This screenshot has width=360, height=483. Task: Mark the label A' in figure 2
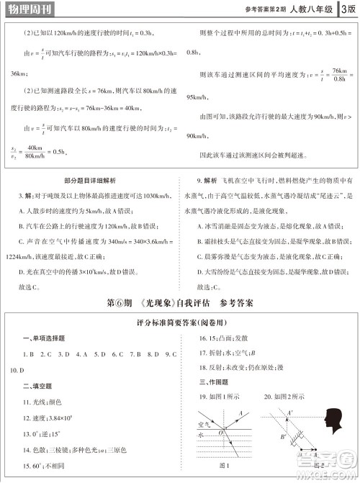[290, 413]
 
